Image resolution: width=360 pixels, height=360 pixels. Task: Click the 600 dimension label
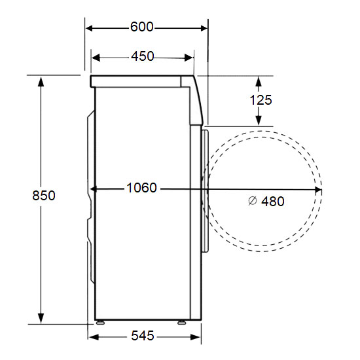tap(141, 27)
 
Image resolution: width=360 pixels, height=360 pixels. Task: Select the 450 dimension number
tap(142, 56)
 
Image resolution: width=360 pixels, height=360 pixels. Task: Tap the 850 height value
tap(44, 196)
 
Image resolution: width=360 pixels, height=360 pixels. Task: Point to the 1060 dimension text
tap(141, 188)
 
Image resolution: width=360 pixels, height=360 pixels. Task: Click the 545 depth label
tap(143, 336)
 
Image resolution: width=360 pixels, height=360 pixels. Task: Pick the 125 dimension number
tap(261, 100)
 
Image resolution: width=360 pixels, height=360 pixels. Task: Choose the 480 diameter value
tap(273, 202)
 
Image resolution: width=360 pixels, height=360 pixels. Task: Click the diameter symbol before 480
tap(253, 201)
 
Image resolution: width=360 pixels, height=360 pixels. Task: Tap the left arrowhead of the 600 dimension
tap(89, 28)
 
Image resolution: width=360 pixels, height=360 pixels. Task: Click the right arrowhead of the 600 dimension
tap(204, 28)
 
